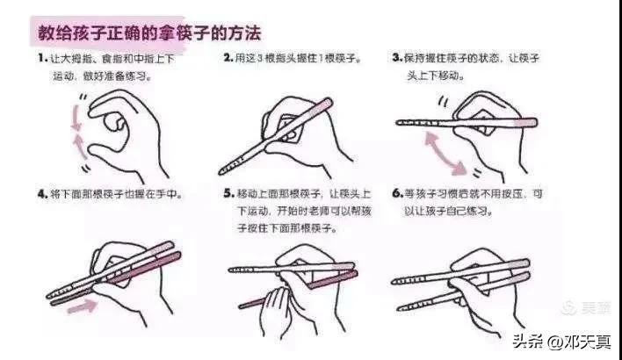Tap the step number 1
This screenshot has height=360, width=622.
(x=41, y=58)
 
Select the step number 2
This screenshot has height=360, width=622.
(x=228, y=58)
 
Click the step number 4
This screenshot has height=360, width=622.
(x=41, y=192)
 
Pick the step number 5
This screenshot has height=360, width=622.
(x=228, y=192)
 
